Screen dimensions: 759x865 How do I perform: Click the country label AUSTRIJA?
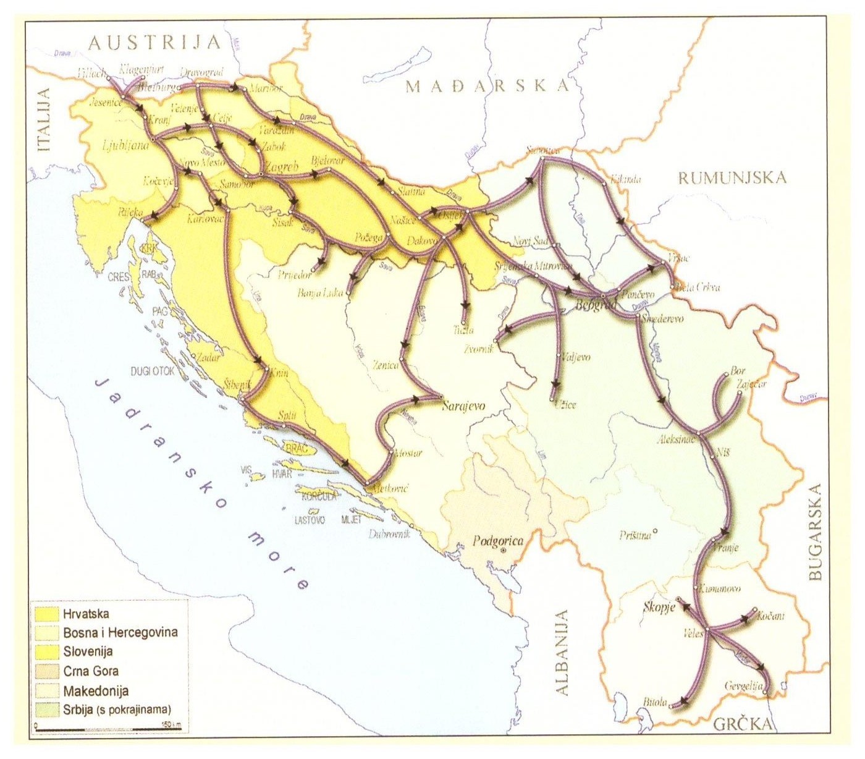pos(154,43)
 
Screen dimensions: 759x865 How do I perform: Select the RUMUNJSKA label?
pos(732,178)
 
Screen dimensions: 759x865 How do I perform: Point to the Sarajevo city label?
pos(463,406)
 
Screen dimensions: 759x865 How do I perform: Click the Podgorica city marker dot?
pos(504,549)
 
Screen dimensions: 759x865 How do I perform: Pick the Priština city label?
pos(635,535)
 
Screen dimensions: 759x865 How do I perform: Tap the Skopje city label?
pos(658,607)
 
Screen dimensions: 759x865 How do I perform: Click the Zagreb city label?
pos(282,167)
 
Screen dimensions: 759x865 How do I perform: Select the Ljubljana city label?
pos(126,146)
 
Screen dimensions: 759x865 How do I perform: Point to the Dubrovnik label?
pos(389,534)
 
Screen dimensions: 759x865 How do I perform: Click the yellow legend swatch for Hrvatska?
pos(47,614)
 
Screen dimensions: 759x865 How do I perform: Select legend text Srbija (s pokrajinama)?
pos(117,710)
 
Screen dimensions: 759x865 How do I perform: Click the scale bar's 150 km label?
pos(171,724)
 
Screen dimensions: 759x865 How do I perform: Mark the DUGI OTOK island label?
pos(153,371)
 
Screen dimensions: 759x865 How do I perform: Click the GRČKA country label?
pos(743,724)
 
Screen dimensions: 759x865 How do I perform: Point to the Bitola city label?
pos(655,702)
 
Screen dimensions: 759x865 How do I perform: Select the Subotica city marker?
pos(541,158)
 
